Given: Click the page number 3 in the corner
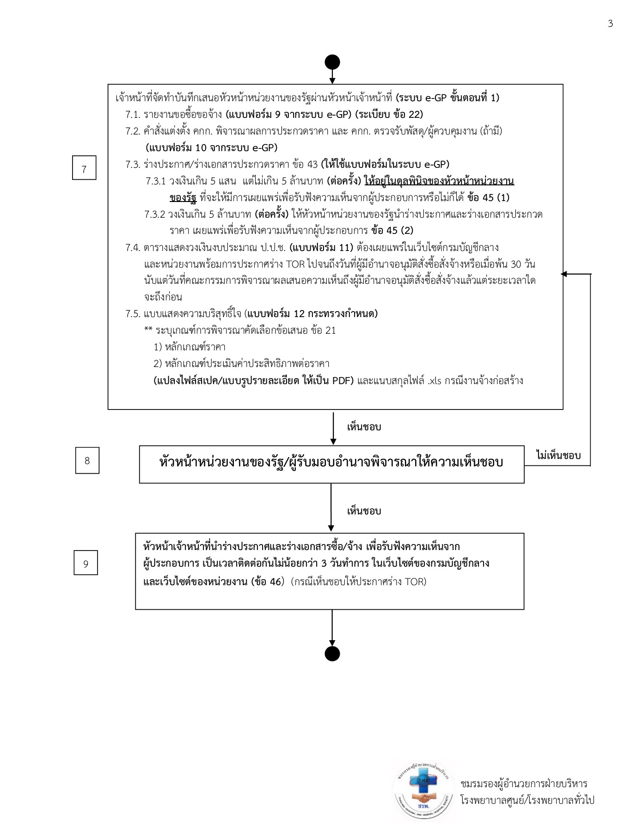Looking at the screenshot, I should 610,24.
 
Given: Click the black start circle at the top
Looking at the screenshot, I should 332,62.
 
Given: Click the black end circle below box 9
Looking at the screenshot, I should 332,654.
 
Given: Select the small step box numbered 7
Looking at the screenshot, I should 84,168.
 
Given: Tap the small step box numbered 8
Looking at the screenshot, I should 87,461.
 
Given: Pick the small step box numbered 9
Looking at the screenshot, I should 86,563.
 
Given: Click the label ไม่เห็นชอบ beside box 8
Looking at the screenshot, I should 558,456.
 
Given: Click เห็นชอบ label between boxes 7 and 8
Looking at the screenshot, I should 364,427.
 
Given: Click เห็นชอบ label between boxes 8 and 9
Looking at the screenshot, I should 364,511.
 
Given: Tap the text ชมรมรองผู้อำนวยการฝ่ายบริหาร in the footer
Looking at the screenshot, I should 524,784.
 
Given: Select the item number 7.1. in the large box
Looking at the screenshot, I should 133,115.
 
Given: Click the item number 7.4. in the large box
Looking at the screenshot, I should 133,248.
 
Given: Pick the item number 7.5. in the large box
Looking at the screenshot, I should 133,314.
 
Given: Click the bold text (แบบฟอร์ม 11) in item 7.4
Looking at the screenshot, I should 321,248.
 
